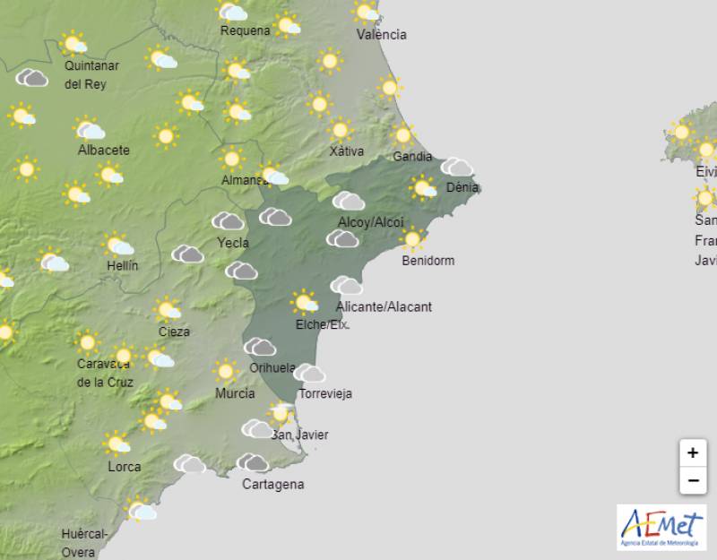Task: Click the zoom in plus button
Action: tap(692, 453)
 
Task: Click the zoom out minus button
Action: tap(692, 481)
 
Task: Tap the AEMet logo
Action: tap(661, 527)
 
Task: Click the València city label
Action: tap(381, 35)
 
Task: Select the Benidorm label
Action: tap(428, 261)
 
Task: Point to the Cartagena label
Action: tap(273, 485)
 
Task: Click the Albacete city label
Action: tap(103, 150)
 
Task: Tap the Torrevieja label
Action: tap(324, 393)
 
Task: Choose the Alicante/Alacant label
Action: tap(384, 306)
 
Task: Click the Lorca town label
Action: tap(124, 467)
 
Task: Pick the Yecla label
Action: tap(233, 242)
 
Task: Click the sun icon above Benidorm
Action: tap(412, 238)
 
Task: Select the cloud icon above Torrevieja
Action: tap(309, 373)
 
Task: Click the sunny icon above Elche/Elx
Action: tap(305, 302)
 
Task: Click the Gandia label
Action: tap(412, 157)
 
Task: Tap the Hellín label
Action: tap(121, 265)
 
